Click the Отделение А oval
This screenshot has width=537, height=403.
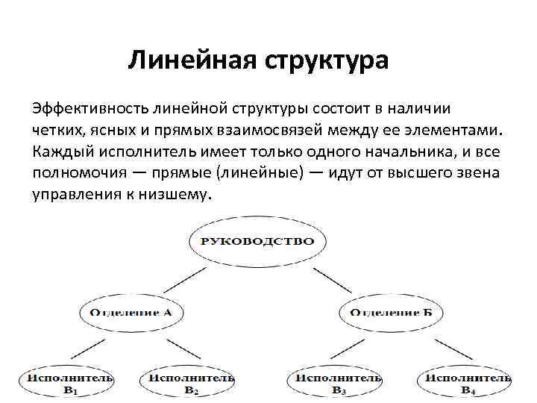(131, 312)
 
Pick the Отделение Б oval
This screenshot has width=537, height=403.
(391, 312)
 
